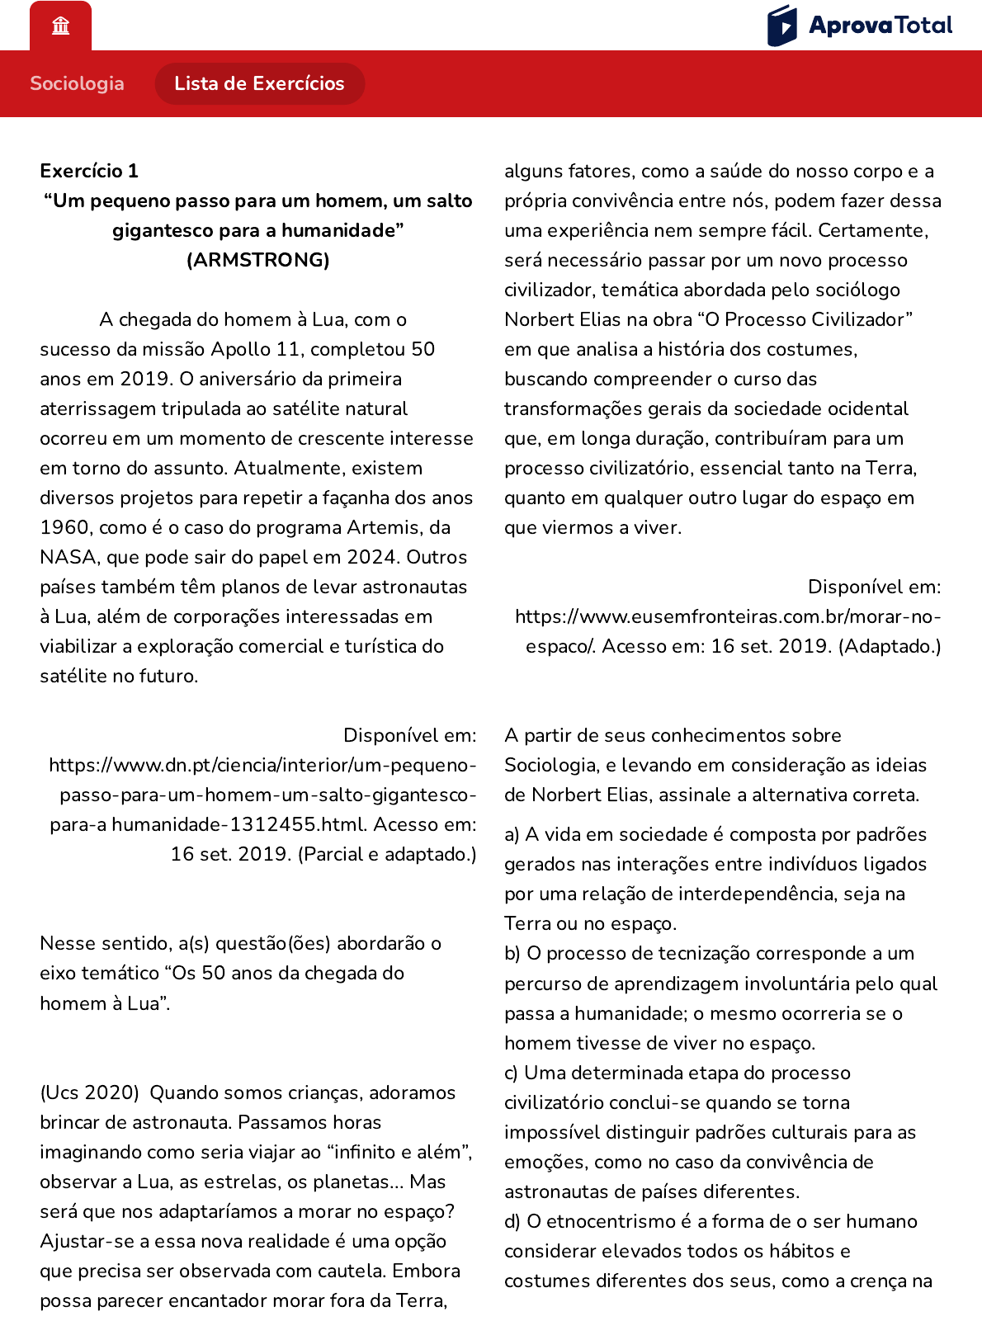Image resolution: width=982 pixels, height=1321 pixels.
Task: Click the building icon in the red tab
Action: (60, 26)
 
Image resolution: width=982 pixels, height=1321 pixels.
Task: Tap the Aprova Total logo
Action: (859, 26)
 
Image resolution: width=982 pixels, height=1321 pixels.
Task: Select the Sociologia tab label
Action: (77, 83)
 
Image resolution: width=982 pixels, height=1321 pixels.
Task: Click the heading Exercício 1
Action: (89, 171)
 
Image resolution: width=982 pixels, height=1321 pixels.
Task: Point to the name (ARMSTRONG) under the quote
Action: (257, 260)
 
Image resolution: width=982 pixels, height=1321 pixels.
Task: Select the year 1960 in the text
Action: (64, 527)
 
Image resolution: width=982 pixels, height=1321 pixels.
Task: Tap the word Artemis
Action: (385, 527)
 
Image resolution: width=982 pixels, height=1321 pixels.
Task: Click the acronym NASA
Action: (68, 557)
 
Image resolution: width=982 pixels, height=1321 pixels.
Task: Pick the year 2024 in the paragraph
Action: (374, 557)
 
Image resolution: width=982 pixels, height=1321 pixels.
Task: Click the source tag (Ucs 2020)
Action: (89, 1092)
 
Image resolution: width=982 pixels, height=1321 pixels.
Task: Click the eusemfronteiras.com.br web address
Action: (728, 616)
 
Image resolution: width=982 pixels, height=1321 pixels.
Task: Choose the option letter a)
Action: (512, 834)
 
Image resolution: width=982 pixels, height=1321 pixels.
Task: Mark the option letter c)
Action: (511, 1073)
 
